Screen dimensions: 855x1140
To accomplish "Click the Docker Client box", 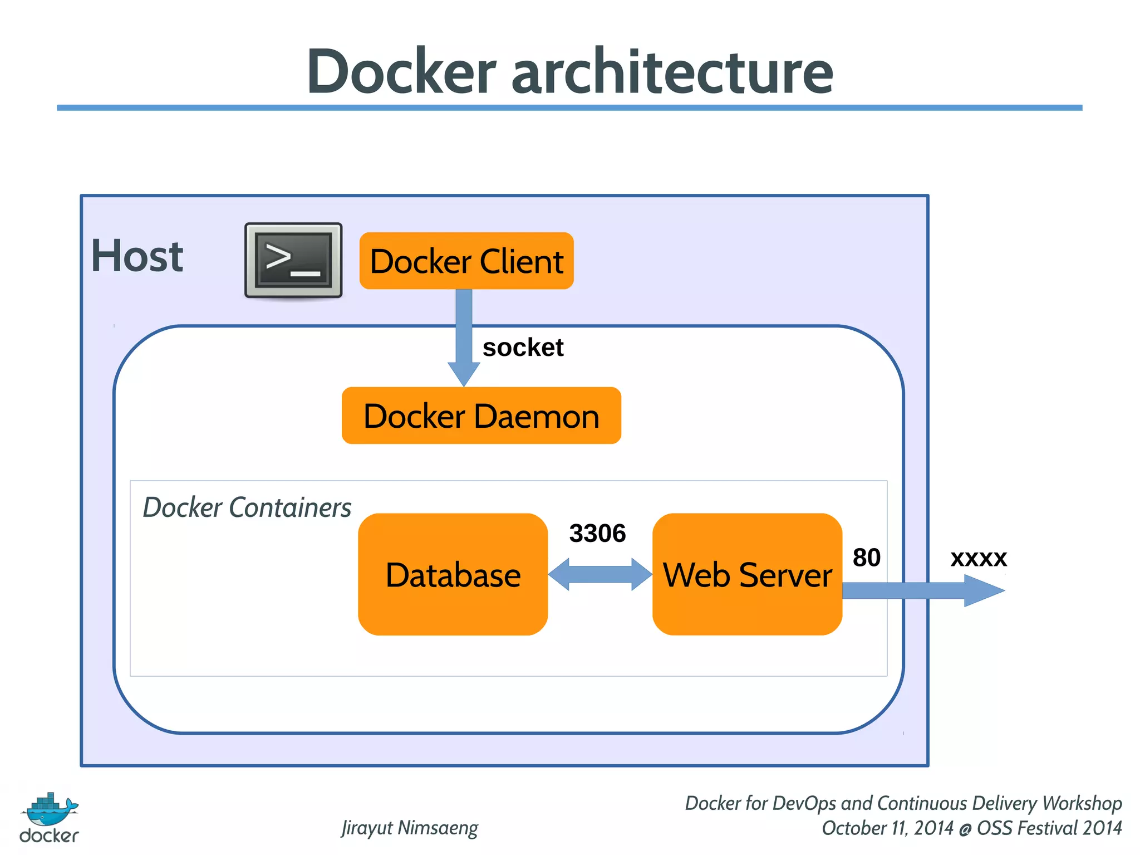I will click(466, 261).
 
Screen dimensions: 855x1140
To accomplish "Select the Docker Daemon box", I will click(481, 416).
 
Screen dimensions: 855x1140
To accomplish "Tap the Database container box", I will click(453, 574).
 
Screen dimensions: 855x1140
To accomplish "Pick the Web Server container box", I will click(747, 574).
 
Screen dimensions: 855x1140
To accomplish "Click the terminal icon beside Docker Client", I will click(293, 260).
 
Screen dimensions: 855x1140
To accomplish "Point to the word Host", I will click(137, 256).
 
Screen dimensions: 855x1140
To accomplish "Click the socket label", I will click(523, 348).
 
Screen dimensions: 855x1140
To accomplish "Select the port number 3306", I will click(597, 533).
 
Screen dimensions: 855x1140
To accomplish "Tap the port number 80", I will click(866, 558).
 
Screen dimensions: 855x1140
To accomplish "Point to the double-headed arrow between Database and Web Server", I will click(600, 574).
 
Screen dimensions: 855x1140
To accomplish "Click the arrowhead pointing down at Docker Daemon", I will click(464, 373).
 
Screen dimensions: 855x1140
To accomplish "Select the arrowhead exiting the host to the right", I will click(983, 590).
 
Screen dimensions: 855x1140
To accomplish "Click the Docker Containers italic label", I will click(247, 507).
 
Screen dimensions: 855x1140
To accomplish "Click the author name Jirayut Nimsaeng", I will click(410, 828).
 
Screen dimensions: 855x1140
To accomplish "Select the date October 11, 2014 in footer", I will click(887, 828).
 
